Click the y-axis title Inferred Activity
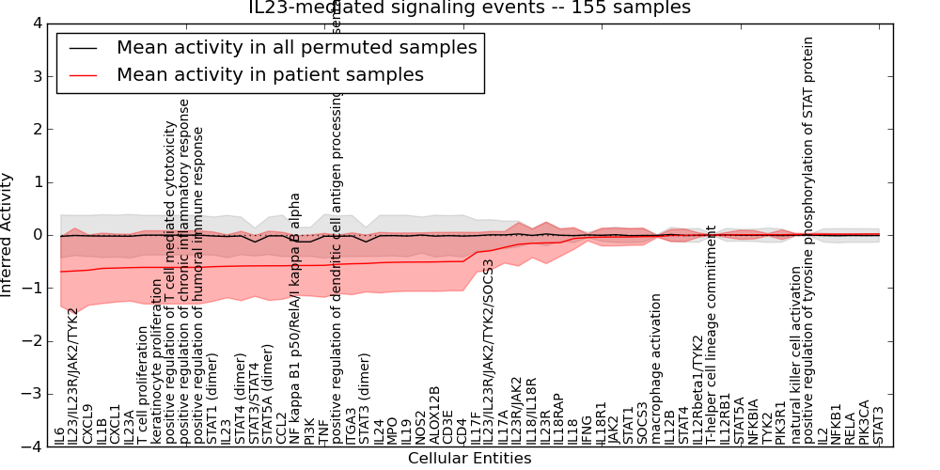pos(8,235)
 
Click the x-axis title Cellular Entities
pos(469,459)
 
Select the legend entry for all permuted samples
pos(296,47)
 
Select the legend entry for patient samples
pos(270,74)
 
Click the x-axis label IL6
pos(60,434)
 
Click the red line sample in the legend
pos(82,75)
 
